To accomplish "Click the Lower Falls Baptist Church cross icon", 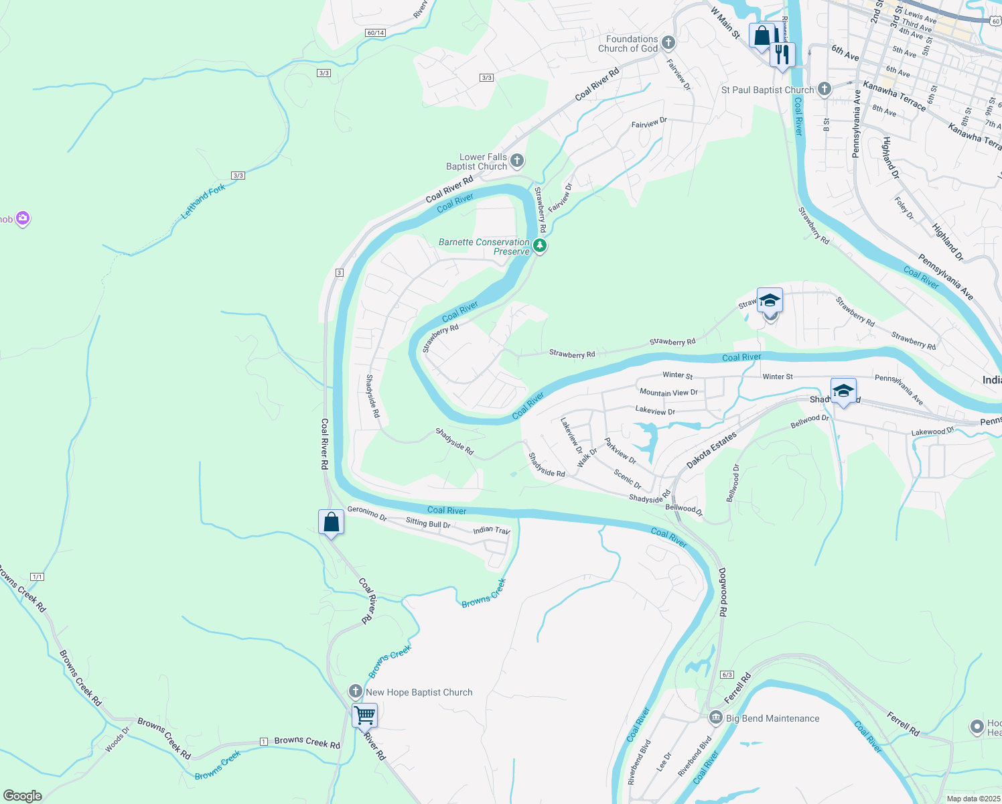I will (516, 161).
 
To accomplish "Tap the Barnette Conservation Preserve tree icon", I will (539, 246).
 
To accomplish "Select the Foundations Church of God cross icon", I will (668, 44).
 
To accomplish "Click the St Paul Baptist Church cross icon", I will (824, 89).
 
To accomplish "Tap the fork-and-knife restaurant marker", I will (782, 54).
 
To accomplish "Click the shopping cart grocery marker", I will (364, 715).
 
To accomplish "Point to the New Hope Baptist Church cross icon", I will (355, 691).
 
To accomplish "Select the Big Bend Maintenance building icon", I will (715, 718).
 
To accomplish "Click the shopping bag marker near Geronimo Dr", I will (331, 521).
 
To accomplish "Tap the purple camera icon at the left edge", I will (23, 218).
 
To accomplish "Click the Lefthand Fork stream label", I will (204, 202).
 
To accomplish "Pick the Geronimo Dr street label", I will (367, 513).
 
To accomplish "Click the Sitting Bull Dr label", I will (428, 523).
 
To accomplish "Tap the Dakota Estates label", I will (711, 450).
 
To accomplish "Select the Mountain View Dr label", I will (668, 393).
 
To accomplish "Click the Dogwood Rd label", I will (723, 592).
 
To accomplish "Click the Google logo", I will (22, 796).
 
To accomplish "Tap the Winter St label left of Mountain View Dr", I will (677, 375).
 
